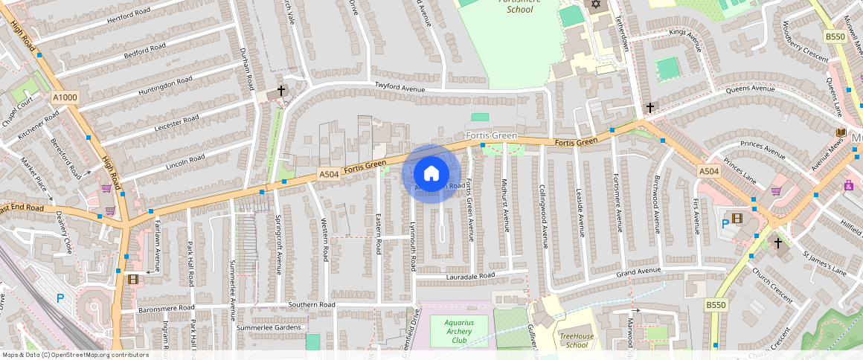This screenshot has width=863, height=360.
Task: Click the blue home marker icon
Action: click(431, 174)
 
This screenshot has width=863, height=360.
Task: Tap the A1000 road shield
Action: click(65, 97)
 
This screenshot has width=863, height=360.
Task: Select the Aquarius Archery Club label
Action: click(459, 331)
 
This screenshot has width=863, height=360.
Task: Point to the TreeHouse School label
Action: click(577, 340)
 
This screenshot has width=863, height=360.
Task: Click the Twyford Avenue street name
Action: click(400, 89)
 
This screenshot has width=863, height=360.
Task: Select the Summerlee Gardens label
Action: click(269, 327)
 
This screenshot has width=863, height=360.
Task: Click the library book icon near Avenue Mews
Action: click(840, 132)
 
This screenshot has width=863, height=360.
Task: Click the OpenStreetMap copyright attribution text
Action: click(75, 355)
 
